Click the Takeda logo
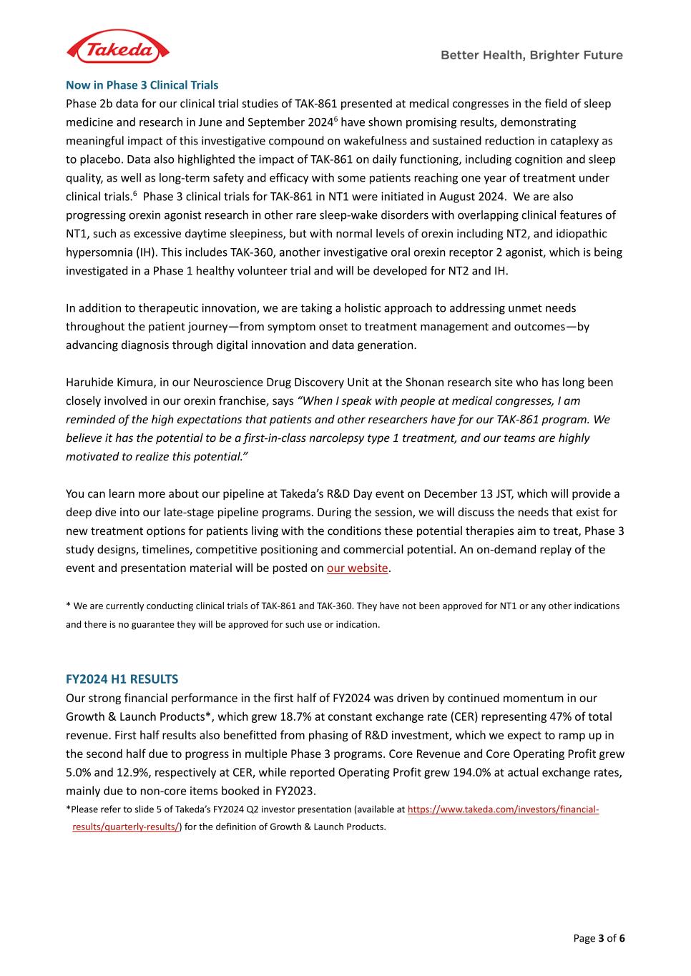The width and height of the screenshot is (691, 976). tap(118, 49)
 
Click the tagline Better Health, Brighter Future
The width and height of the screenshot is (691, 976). tap(531, 55)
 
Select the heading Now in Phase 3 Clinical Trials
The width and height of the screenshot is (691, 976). tap(142, 85)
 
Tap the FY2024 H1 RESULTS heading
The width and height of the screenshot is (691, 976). tap(122, 679)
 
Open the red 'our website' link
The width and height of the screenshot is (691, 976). tap(357, 568)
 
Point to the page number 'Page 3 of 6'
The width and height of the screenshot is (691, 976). tap(599, 938)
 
